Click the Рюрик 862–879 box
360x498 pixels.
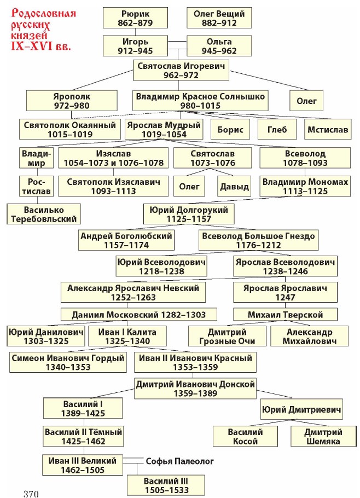[135, 18]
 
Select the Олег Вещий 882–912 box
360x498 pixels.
[219, 18]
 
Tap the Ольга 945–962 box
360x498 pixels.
[219, 47]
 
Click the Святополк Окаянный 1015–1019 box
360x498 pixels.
[70, 129]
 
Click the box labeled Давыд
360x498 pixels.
[234, 187]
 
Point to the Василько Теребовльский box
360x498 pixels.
[44, 214]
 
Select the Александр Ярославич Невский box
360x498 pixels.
[133, 292]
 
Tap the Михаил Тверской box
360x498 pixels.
[285, 315]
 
